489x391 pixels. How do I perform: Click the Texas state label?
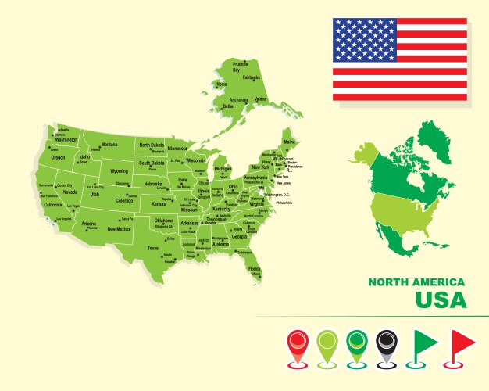coord(152,248)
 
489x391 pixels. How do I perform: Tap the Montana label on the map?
coord(109,145)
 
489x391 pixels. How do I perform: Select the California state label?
coord(52,205)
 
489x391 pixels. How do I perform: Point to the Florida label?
coord(255,268)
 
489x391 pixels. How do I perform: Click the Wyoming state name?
coord(119,171)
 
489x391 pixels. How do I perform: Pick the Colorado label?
coord(124,200)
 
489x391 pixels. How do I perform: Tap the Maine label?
coord(290,142)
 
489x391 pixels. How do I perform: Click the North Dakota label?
coord(152,145)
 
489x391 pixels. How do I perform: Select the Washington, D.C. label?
coord(277,195)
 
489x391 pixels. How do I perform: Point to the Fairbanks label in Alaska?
coord(252,77)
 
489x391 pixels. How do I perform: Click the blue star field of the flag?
coord(365,41)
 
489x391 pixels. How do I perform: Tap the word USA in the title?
coord(441,300)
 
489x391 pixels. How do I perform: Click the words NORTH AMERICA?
coord(416,282)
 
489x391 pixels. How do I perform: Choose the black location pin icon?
coord(386,345)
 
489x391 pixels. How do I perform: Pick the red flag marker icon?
coord(463,345)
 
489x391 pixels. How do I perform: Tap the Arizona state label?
coord(89,224)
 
